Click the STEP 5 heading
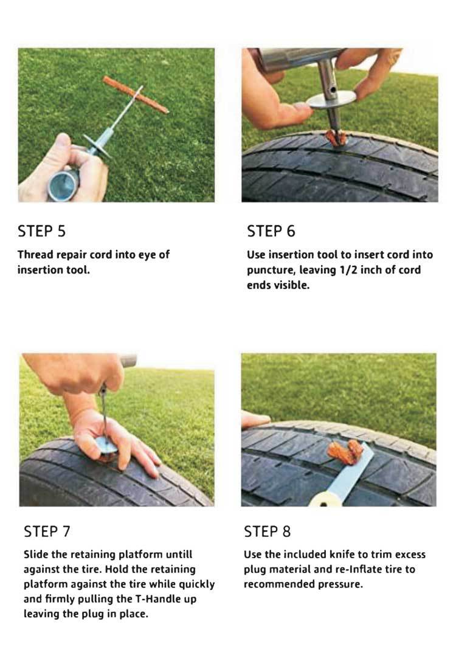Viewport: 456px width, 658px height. click(x=41, y=231)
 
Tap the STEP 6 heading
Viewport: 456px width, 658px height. click(x=271, y=231)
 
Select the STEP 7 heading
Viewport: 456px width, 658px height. click(x=47, y=532)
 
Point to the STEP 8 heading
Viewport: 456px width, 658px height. click(x=268, y=532)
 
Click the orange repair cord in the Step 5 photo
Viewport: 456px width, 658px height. click(x=136, y=94)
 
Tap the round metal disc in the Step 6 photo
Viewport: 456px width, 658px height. click(x=331, y=100)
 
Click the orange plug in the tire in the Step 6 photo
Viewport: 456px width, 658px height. click(x=336, y=138)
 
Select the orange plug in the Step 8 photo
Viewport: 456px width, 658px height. click(x=345, y=451)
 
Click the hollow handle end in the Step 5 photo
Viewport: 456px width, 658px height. click(x=63, y=185)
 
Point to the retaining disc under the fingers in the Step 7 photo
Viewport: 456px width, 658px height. click(x=106, y=446)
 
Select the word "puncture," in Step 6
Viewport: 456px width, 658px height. click(x=271, y=270)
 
